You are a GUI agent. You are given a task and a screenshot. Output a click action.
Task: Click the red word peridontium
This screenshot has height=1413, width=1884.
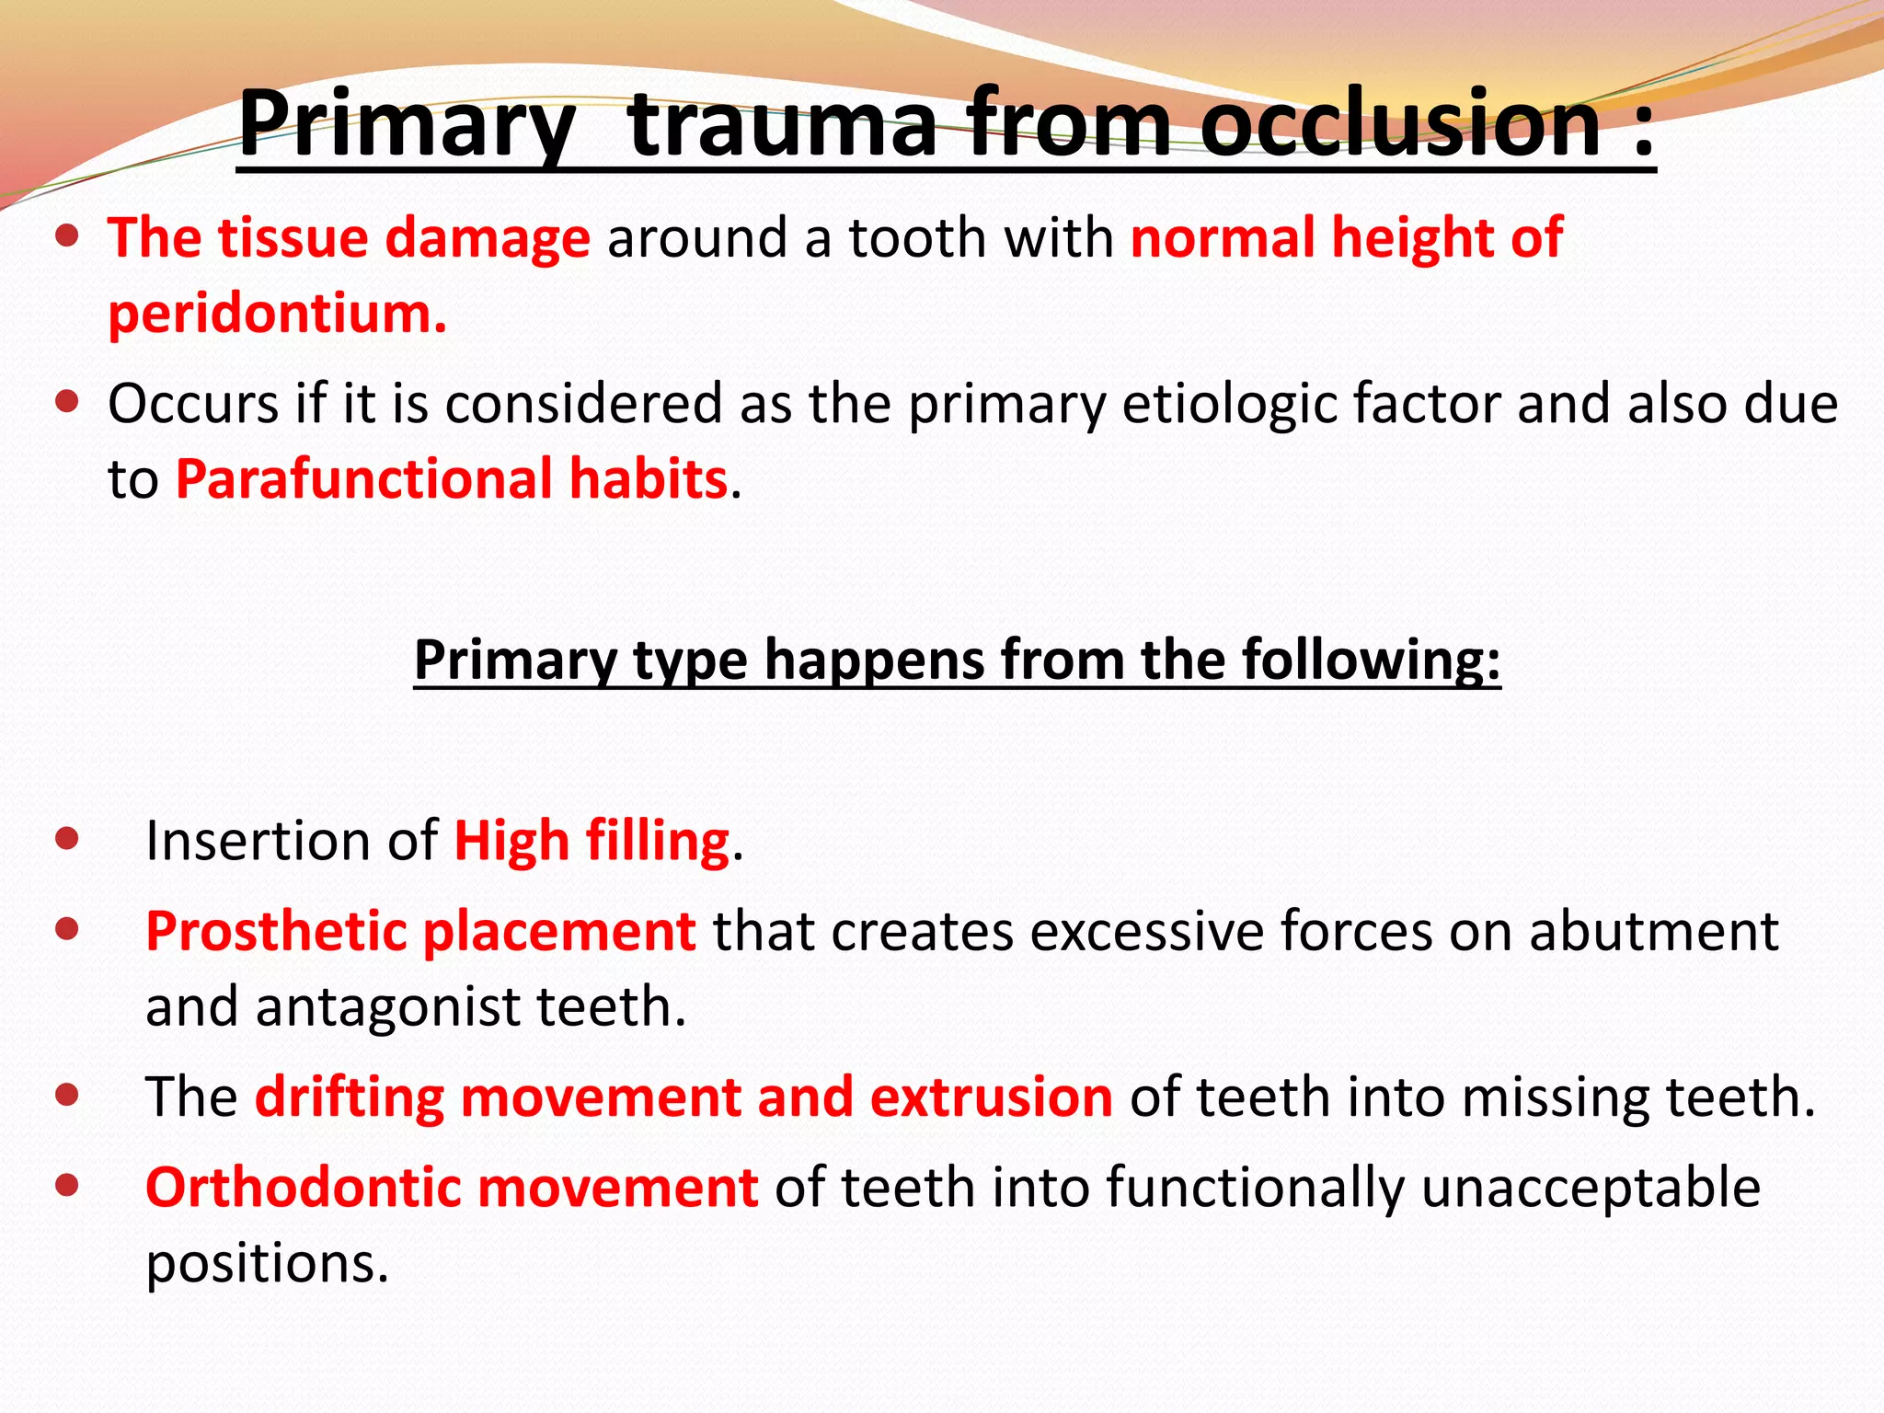click(x=277, y=314)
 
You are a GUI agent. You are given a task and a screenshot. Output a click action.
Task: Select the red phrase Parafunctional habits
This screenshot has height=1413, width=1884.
click(x=452, y=479)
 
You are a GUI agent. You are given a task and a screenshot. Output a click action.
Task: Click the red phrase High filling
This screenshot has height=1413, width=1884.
click(x=592, y=841)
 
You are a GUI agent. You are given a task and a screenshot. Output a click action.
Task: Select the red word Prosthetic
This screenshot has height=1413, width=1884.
click(x=276, y=931)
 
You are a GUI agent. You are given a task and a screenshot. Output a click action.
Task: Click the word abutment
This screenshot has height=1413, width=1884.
click(x=1653, y=931)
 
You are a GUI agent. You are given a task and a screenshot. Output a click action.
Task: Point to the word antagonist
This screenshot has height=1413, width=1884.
click(x=387, y=1006)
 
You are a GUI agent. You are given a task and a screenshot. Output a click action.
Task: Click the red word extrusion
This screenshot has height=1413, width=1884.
click(x=991, y=1097)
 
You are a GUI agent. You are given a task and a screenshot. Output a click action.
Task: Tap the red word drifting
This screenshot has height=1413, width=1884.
click(x=350, y=1097)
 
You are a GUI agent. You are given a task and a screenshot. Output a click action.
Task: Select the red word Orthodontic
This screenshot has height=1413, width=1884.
click(x=303, y=1187)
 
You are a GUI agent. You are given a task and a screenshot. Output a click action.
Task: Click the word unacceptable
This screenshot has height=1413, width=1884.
click(x=1591, y=1187)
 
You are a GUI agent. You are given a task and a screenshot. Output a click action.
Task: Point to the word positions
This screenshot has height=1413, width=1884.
click(x=267, y=1264)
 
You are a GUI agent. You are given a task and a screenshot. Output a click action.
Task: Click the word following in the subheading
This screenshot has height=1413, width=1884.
click(x=1371, y=660)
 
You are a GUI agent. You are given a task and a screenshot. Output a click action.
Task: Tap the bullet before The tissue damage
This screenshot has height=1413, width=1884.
click(x=66, y=235)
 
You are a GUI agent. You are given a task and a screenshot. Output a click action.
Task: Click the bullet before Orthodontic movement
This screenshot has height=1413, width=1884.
click(x=66, y=1185)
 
